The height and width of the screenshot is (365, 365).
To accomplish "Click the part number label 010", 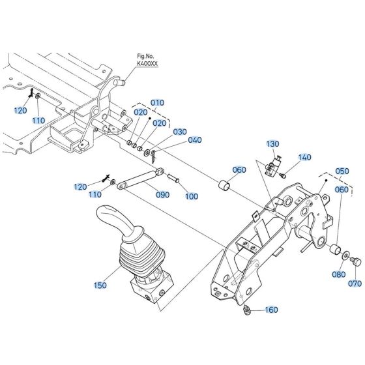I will [x=158, y=102].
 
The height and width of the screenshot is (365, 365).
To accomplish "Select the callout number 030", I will [x=180, y=131].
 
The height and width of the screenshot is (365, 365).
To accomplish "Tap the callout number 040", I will [x=195, y=140].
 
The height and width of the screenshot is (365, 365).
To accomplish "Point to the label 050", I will [x=342, y=171].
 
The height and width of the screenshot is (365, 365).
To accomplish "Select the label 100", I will [x=191, y=196].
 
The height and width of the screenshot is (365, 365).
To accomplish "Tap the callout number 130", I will [x=272, y=143].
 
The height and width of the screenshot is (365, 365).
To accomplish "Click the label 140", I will [x=304, y=157].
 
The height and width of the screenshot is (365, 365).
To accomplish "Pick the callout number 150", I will [x=99, y=285].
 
